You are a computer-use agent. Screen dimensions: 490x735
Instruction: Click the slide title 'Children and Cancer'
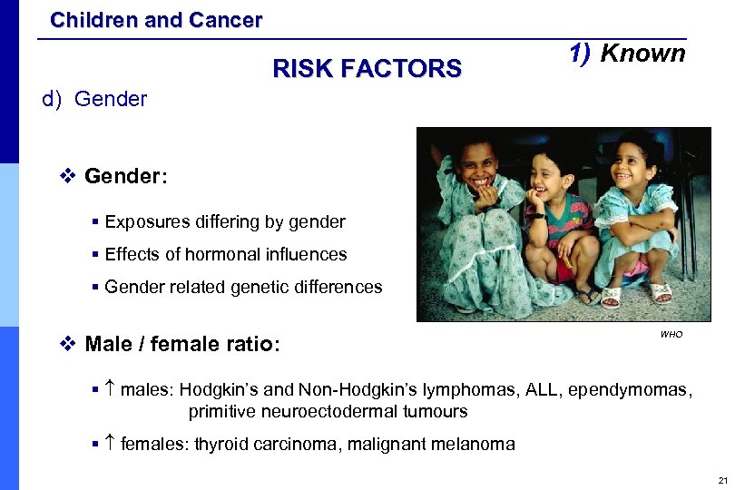pos(156,19)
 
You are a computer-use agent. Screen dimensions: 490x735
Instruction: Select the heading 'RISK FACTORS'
pos(367,68)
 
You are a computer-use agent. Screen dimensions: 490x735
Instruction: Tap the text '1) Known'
pos(627,54)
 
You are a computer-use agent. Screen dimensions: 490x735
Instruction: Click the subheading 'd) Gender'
pos(94,99)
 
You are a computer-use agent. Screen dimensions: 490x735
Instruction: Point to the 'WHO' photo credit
pos(671,335)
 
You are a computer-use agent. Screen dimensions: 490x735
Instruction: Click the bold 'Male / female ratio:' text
pos(182,344)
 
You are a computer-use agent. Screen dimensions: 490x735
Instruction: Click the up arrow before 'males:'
pos(109,390)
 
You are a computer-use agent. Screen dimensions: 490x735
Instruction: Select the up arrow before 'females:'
pos(109,444)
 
